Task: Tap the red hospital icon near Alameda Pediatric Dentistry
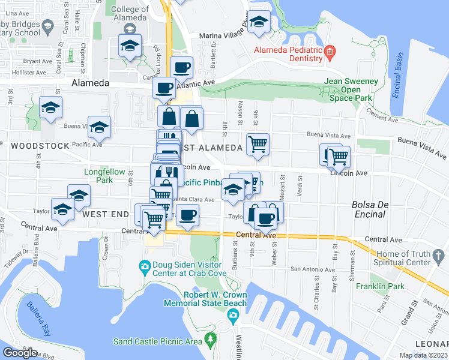coord(330,55)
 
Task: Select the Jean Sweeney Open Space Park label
coord(351,89)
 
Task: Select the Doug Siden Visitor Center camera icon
coord(144,266)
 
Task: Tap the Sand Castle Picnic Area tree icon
coord(210,341)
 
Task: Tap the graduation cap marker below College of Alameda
coord(130,46)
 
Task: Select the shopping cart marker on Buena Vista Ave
coord(258,143)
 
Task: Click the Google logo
coord(20,353)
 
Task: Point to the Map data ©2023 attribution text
coord(423,355)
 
